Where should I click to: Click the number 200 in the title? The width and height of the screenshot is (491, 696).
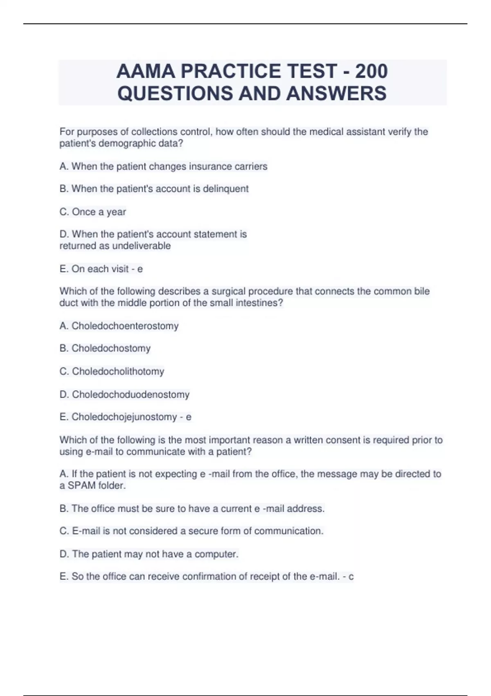click(x=371, y=71)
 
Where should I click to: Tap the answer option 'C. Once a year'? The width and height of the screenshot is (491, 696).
click(x=93, y=212)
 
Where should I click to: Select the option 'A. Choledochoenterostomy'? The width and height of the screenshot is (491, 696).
click(x=119, y=326)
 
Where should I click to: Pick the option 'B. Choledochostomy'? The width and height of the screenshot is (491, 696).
click(x=105, y=348)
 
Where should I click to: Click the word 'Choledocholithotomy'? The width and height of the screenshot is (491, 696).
click(x=118, y=371)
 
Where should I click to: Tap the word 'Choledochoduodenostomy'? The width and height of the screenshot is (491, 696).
click(x=131, y=395)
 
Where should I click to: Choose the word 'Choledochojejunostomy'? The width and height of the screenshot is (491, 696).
click(x=124, y=417)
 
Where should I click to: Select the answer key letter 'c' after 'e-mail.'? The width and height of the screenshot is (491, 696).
click(x=351, y=576)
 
